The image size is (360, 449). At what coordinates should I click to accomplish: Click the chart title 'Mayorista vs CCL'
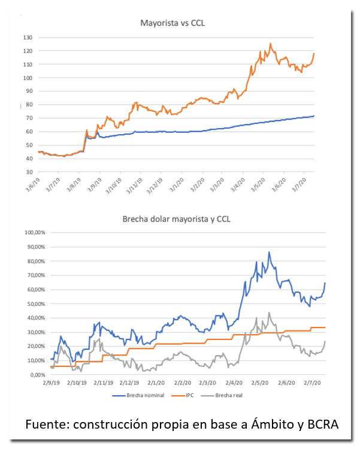click(173, 23)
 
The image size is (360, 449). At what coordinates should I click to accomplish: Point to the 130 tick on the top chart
click(28, 37)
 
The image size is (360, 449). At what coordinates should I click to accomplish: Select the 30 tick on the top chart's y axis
click(29, 172)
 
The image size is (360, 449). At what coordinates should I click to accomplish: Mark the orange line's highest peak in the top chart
click(270, 44)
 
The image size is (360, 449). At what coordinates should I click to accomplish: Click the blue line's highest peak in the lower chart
click(268, 253)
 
